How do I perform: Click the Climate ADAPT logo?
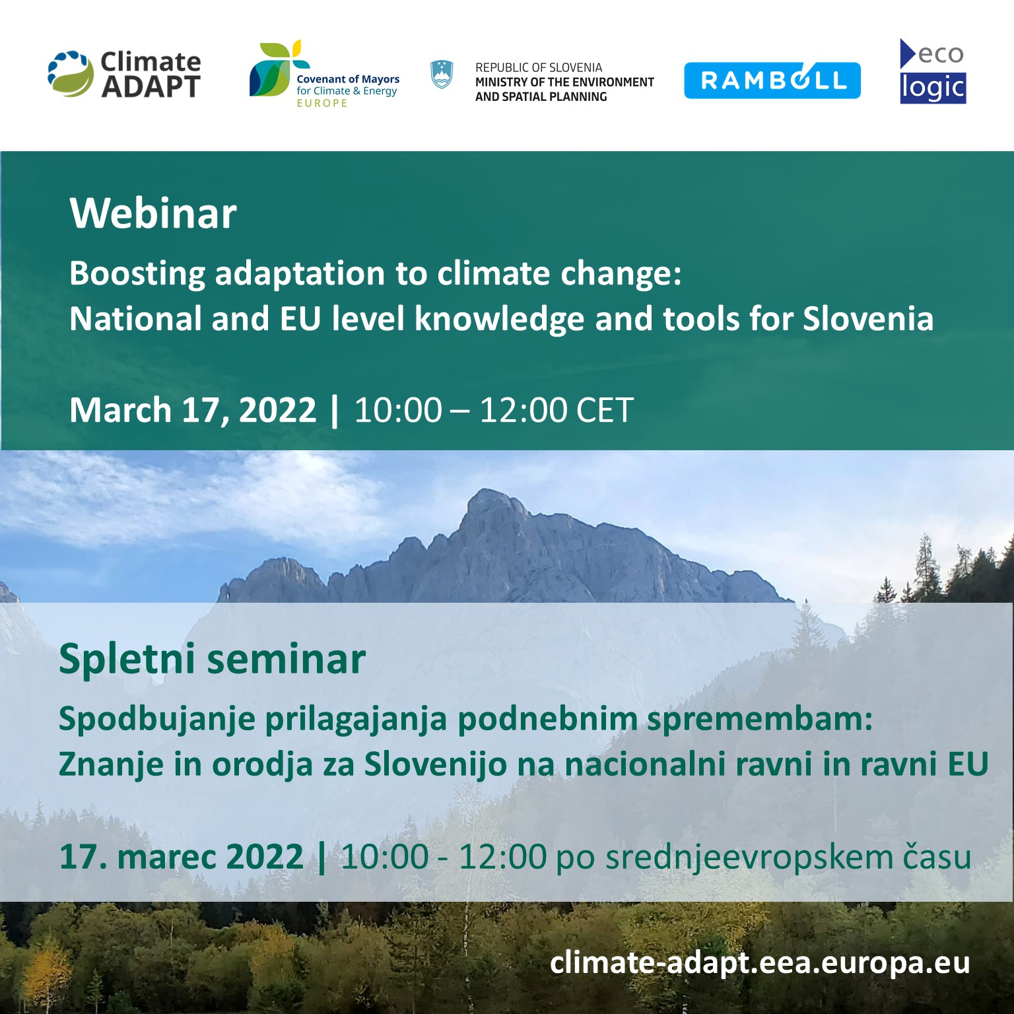[124, 75]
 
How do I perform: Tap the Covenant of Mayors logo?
[324, 74]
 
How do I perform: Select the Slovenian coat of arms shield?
[442, 75]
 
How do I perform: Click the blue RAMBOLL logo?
[772, 81]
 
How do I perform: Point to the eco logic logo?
[933, 71]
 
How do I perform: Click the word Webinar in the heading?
[153, 213]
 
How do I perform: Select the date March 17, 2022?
[193, 410]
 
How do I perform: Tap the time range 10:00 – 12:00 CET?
[494, 410]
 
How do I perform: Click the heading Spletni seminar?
[212, 659]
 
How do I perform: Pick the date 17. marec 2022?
[182, 856]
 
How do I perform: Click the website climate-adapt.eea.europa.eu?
[760, 963]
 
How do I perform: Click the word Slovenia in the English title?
[868, 319]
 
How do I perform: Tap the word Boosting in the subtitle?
[137, 273]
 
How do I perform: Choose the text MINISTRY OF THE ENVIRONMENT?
[564, 82]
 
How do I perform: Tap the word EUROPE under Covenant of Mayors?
[322, 103]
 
